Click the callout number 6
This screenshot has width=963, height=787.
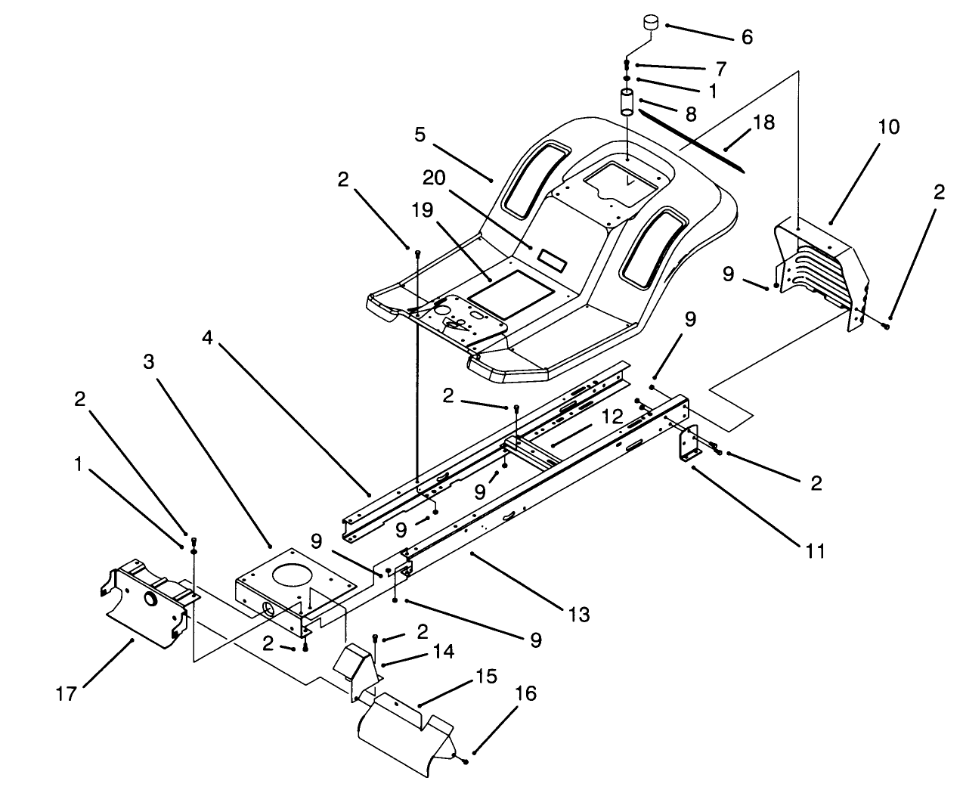[x=746, y=37]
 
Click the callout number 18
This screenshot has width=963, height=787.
[x=763, y=122]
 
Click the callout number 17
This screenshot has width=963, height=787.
[x=67, y=692]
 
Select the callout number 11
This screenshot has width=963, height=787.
[x=814, y=551]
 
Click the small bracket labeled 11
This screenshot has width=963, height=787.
[x=689, y=446]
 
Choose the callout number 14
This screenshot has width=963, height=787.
[x=444, y=652]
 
